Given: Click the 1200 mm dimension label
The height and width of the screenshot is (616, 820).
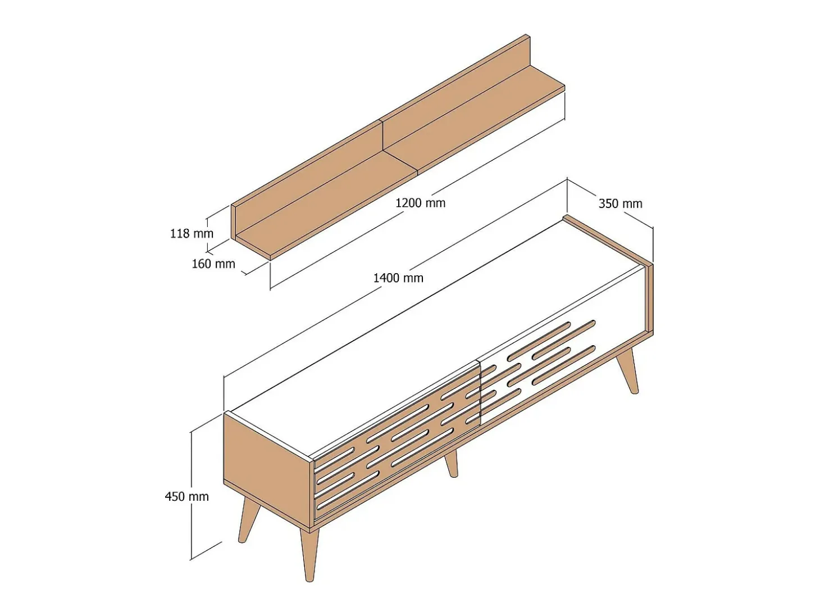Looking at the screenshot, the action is point(420,203).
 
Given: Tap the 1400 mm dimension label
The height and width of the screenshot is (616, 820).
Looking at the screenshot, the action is point(398,278).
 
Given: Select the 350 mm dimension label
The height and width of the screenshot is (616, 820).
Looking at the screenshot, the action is point(621,203).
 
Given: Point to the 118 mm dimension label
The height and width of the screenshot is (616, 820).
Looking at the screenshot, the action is point(192,234).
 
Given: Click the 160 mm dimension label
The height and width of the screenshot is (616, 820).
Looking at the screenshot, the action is point(213,264).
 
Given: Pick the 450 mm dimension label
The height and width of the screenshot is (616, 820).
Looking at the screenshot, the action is point(187,496).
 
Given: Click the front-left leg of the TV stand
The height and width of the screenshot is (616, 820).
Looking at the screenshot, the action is point(309,555).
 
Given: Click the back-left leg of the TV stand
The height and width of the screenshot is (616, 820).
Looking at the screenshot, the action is point(248,519).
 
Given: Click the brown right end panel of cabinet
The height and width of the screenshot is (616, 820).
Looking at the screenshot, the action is point(649,299).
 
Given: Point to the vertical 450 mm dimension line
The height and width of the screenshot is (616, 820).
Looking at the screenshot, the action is point(191,496).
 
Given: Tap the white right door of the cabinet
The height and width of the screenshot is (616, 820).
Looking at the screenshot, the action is point(561,359).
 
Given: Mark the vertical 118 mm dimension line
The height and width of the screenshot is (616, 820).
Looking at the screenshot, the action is point(207,235).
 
